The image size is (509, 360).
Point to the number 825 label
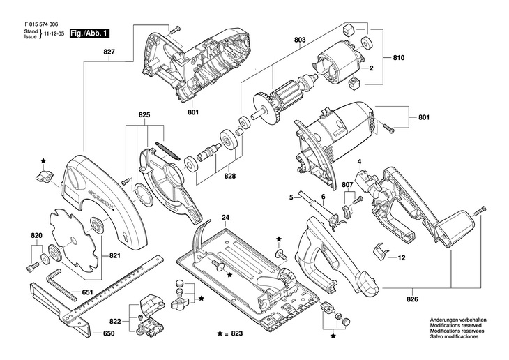(144, 114)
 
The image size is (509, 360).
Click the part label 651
(88, 292)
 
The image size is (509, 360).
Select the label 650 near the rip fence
(108, 334)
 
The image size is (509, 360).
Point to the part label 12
(402, 257)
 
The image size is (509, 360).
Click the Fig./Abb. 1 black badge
(89, 33)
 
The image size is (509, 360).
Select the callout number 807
(347, 185)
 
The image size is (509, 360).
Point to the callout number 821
(114, 256)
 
